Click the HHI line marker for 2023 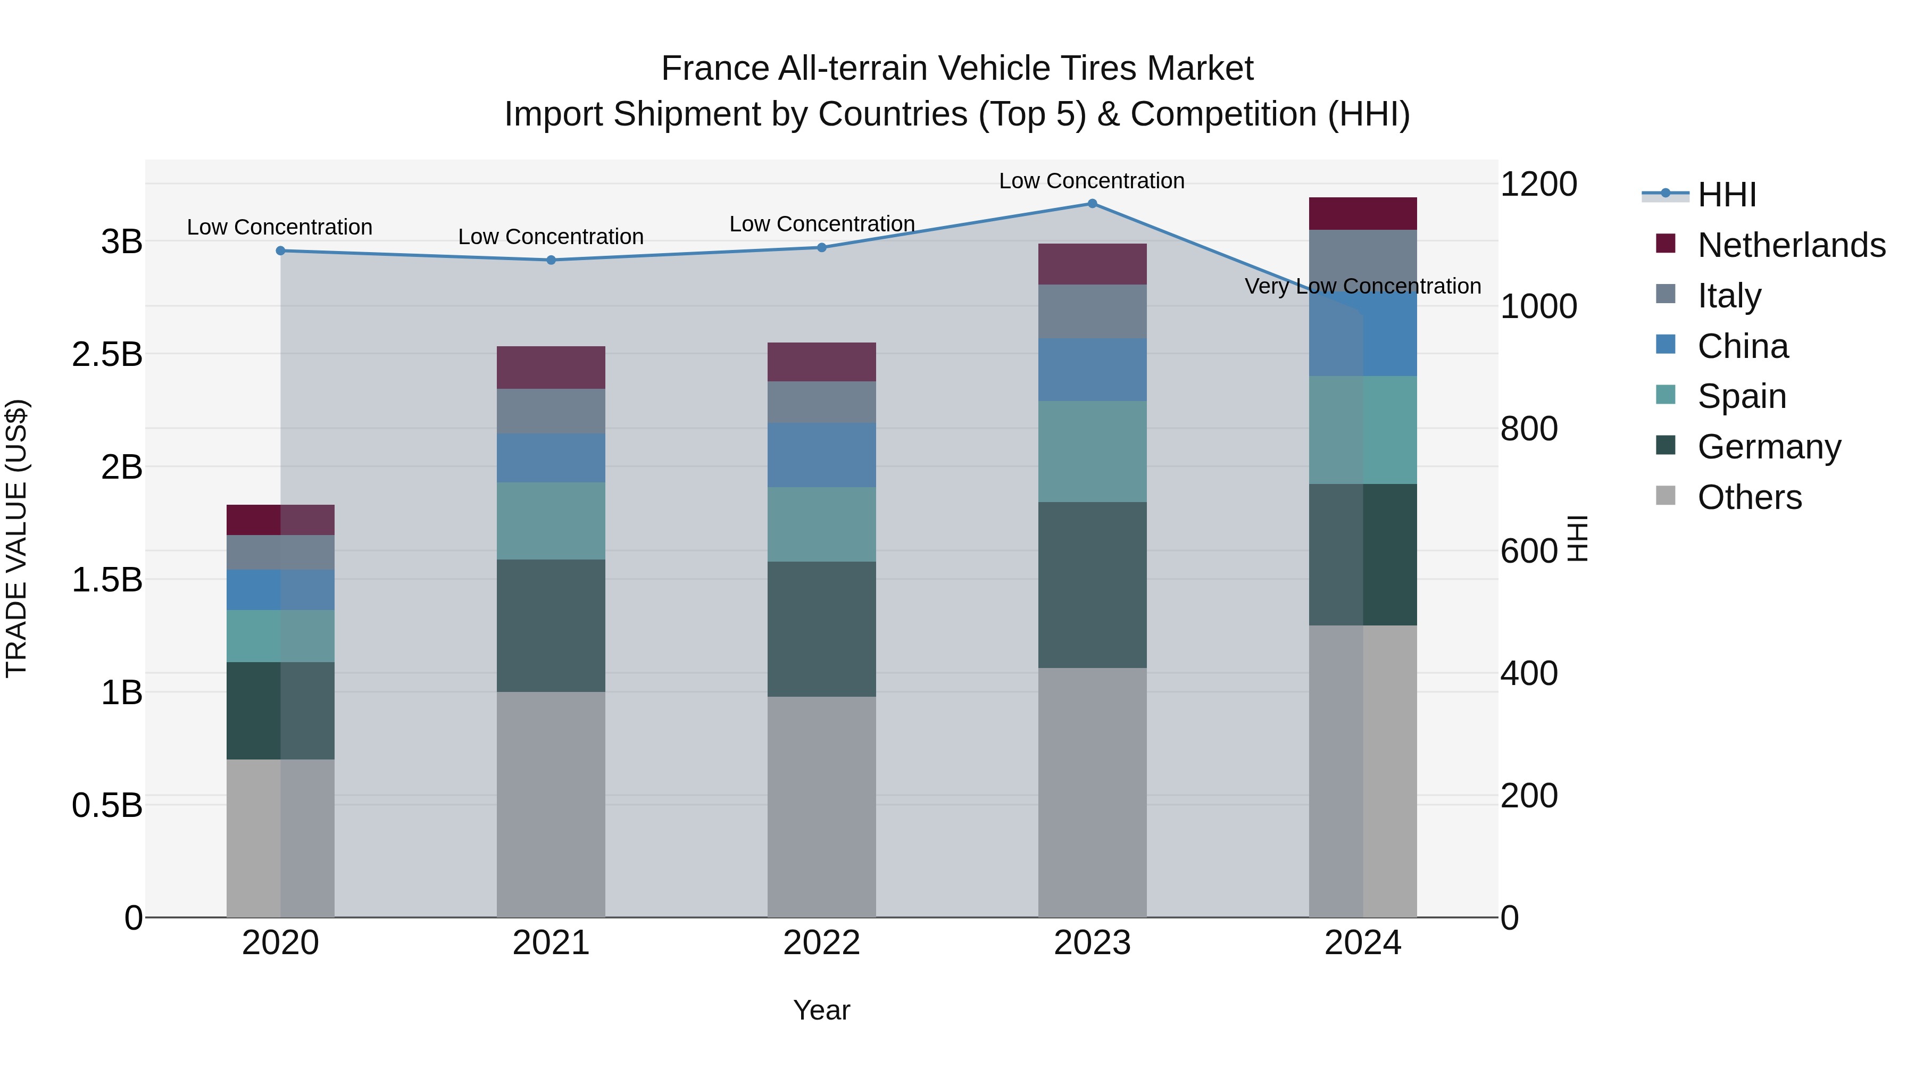click(x=1092, y=204)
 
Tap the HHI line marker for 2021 click(x=551, y=260)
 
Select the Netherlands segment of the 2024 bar click(x=1363, y=214)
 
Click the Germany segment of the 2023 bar click(x=1092, y=585)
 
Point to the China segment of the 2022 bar click(x=821, y=455)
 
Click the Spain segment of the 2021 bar click(x=551, y=521)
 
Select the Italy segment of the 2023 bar click(x=1092, y=312)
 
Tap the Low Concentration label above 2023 click(x=1092, y=181)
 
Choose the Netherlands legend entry click(x=1791, y=245)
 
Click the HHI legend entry click(x=1726, y=195)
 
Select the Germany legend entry click(x=1769, y=447)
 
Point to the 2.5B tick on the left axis click(x=107, y=355)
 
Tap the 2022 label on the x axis click(x=821, y=943)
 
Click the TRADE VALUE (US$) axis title click(x=16, y=538)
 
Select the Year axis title click(x=821, y=1010)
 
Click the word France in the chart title click(x=714, y=69)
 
